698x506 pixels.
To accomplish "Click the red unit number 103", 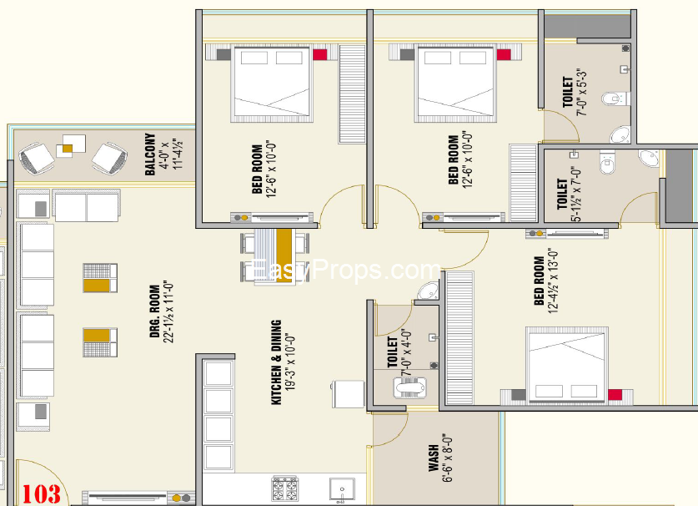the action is [42, 494].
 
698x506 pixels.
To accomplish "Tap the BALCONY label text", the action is [150, 154].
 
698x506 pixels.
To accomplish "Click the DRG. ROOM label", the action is [154, 311].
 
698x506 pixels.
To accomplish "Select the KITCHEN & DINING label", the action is [276, 362].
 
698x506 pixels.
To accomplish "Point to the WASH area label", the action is [434, 458].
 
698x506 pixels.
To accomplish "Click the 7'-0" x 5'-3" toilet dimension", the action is [582, 93].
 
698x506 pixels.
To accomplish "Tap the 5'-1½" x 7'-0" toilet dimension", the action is [576, 195].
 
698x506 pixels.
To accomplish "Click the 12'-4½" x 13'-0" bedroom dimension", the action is [553, 281].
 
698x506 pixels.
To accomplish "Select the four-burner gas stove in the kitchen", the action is [285, 488].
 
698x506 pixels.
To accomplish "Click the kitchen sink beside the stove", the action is [342, 489].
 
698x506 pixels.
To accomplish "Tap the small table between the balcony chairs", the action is [71, 146].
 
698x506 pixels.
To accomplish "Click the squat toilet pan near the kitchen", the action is [409, 387].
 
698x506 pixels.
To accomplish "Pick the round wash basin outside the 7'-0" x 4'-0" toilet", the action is [429, 291].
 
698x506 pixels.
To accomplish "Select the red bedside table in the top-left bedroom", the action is [319, 54].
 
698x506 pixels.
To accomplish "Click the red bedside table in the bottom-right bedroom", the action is [615, 395].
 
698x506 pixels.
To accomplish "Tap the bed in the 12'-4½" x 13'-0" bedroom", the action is [567, 365].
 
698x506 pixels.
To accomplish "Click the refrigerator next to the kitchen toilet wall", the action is [348, 393].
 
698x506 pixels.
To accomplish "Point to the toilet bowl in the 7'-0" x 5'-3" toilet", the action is [615, 99].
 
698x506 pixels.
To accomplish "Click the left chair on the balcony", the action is [36, 158].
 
